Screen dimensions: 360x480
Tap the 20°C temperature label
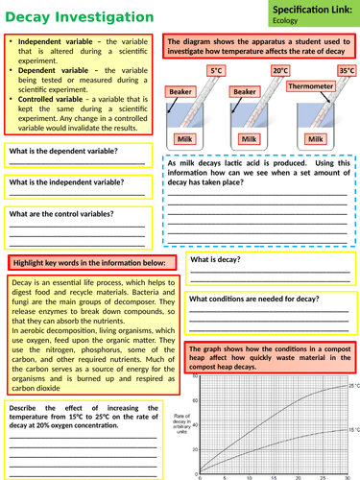click(x=279, y=71)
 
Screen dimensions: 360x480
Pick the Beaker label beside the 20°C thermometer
click(x=245, y=91)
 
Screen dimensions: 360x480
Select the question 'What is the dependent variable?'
click(x=63, y=152)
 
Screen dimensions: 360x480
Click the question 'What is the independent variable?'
click(x=66, y=181)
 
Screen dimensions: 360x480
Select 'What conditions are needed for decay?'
click(x=253, y=299)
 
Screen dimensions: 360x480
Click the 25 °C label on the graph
click(x=352, y=385)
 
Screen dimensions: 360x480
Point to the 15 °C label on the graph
click(x=352, y=430)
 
